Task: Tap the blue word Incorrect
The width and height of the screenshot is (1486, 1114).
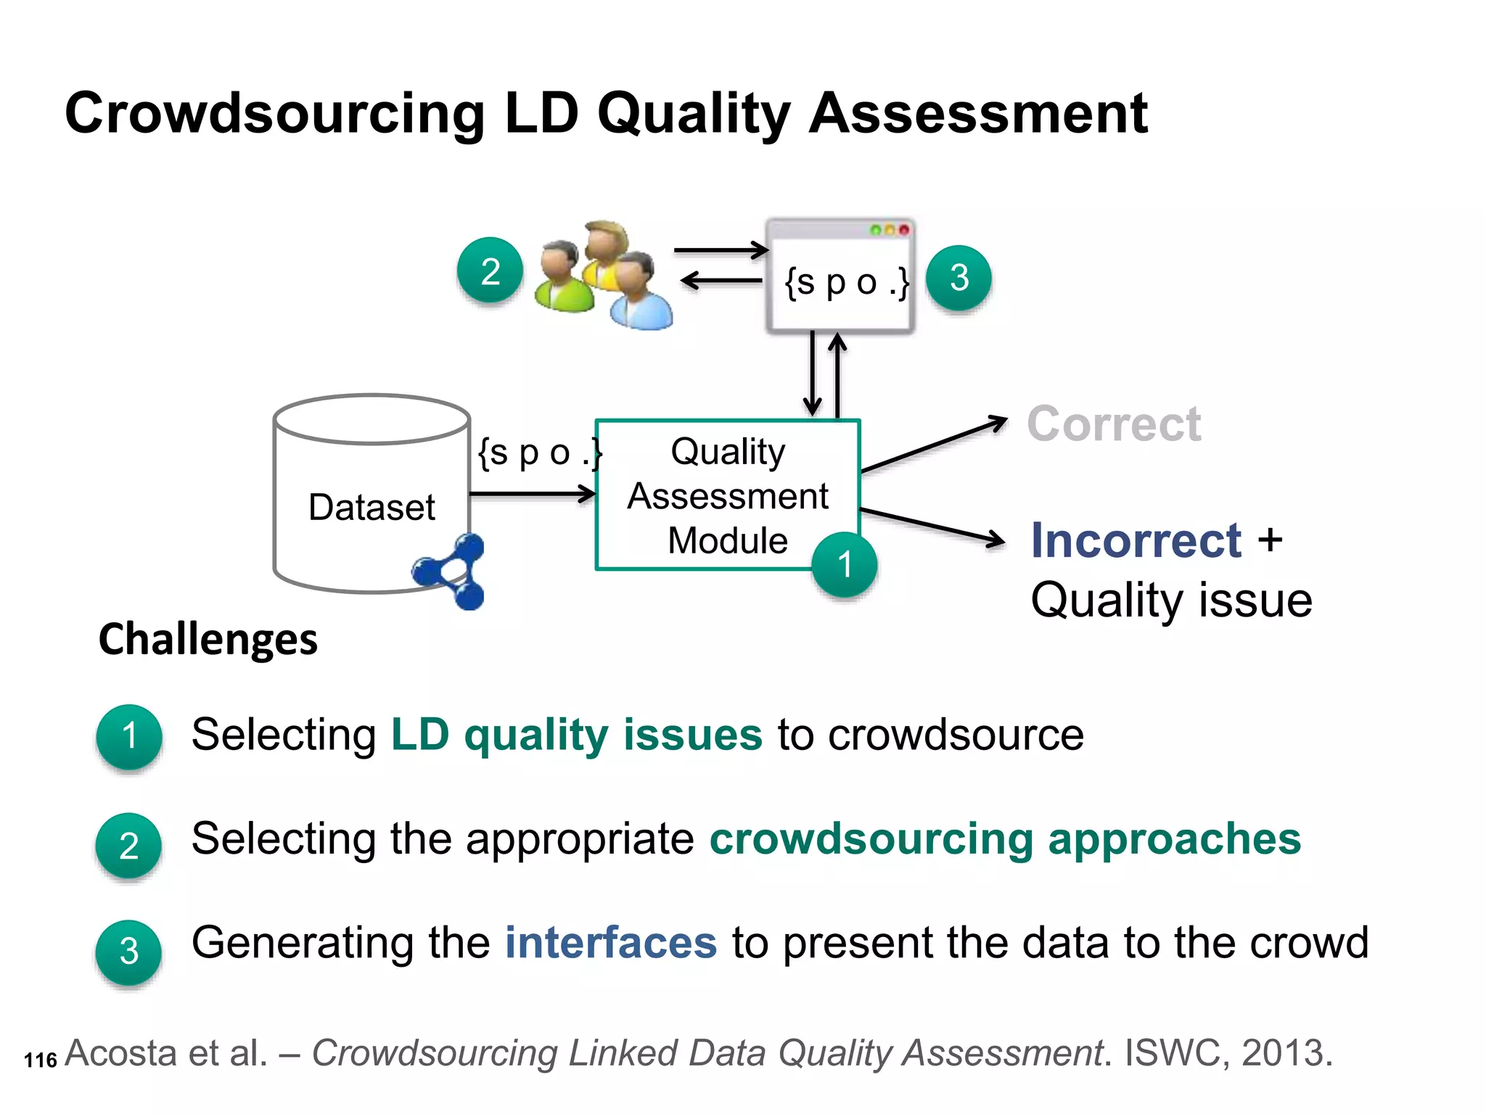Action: click(1136, 540)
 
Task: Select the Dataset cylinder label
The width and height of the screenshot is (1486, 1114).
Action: click(371, 507)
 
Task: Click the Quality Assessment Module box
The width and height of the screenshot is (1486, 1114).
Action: click(727, 495)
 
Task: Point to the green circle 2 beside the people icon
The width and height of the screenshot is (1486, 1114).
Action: click(490, 271)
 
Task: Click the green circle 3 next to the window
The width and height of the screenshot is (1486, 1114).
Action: click(959, 278)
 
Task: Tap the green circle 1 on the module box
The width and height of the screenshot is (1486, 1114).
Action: click(844, 565)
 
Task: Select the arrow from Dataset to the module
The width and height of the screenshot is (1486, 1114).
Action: click(533, 495)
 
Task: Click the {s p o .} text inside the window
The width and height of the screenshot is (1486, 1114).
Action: click(846, 283)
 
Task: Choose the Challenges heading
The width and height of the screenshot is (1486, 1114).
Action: click(208, 640)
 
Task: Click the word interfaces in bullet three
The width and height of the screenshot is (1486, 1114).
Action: click(611, 943)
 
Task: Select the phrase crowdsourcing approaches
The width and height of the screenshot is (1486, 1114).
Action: click(1005, 839)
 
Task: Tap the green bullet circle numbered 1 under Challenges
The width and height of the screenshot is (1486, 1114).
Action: click(129, 736)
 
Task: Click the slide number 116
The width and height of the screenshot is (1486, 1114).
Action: click(40, 1060)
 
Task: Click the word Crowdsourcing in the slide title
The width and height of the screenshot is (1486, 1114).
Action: click(275, 114)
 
